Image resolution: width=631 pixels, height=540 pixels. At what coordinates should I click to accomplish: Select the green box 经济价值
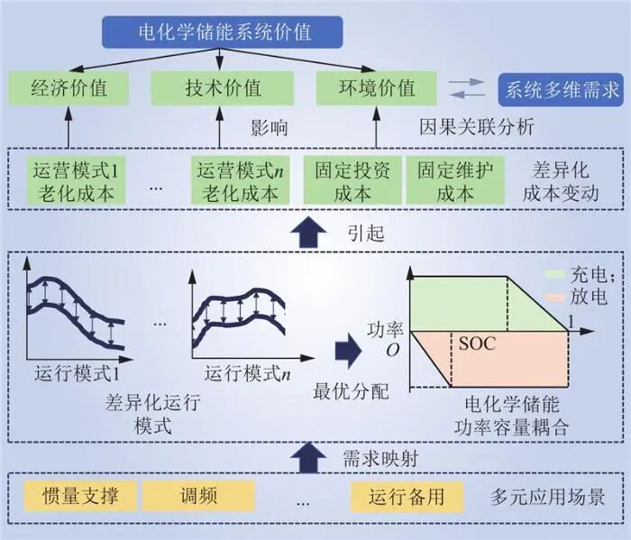point(69,88)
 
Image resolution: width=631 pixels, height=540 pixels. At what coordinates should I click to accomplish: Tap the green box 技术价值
point(223,88)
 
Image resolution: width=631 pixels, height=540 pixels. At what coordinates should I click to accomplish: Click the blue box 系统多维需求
point(560,88)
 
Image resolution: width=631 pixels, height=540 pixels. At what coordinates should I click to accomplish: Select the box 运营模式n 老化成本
point(240,180)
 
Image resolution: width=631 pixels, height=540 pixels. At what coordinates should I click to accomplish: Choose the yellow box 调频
point(198,495)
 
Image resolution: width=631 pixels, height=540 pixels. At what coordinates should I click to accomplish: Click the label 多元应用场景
point(547,496)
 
